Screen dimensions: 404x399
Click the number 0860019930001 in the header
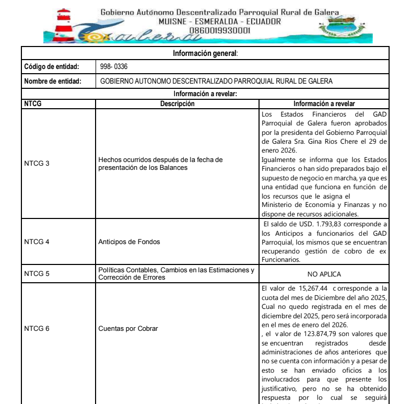pyautogui.click(x=219, y=30)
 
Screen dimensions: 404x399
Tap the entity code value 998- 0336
pyautogui.click(x=114, y=67)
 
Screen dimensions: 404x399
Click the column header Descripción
pyautogui.click(x=177, y=103)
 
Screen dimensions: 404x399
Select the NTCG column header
pyautogui.click(x=33, y=103)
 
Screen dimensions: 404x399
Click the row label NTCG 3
pyautogui.click(x=37, y=164)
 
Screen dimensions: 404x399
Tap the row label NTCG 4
pyautogui.click(x=37, y=242)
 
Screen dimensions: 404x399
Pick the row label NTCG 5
pyautogui.click(x=37, y=273)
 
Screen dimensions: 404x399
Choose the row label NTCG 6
pyautogui.click(x=37, y=329)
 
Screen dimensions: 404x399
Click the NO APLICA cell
pyautogui.click(x=324, y=273)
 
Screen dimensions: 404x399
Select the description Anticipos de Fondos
pyautogui.click(x=129, y=242)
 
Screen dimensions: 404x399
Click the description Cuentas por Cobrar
pyautogui.click(x=128, y=329)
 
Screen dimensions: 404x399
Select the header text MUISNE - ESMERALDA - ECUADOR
pyautogui.click(x=219, y=21)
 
